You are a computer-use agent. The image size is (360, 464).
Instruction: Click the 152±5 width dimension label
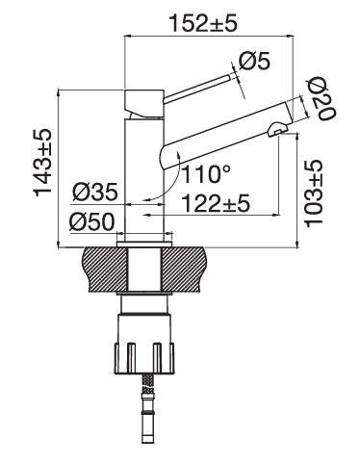(x=203, y=22)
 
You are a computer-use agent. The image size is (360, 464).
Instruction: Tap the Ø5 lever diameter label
(x=255, y=61)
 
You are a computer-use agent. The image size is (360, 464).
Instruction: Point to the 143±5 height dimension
(x=42, y=163)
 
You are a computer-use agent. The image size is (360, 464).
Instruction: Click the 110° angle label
(x=206, y=174)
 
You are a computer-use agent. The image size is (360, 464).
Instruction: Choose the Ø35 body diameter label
(x=95, y=193)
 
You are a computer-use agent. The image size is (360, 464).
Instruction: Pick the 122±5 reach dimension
(x=216, y=203)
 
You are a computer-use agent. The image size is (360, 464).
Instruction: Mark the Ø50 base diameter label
(x=91, y=221)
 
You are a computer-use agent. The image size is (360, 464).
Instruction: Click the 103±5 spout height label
(x=313, y=193)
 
